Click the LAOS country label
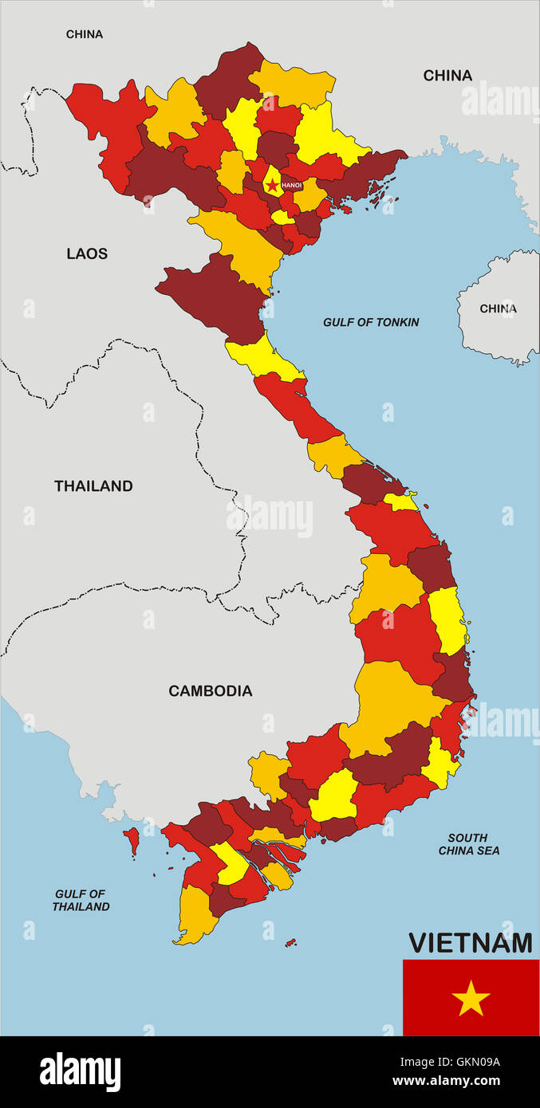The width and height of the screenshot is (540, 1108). (87, 253)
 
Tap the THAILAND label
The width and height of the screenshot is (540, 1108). (93, 485)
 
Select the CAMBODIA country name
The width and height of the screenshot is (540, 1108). (210, 691)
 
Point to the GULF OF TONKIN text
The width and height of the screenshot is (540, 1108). (371, 322)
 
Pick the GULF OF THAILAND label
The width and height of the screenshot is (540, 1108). (81, 900)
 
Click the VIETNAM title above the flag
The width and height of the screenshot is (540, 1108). (470, 943)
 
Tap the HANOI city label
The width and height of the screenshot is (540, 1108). (292, 186)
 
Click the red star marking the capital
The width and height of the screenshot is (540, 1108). (273, 186)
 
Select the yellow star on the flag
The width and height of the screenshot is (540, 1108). (471, 998)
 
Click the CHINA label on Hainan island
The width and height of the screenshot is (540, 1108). (498, 308)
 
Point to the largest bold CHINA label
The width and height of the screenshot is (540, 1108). (447, 76)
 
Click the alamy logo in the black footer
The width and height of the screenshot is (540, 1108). (81, 1071)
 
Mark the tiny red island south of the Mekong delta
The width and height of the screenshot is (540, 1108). (290, 943)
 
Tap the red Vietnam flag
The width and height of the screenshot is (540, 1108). (471, 997)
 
